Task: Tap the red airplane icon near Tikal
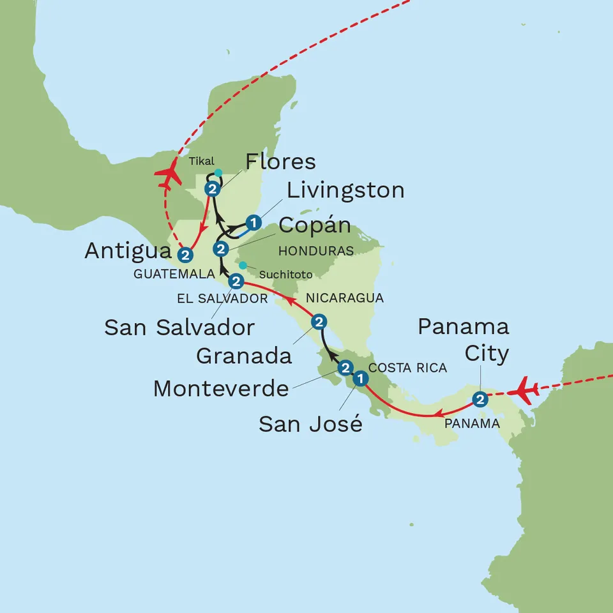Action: [168, 174]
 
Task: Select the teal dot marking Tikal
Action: [218, 172]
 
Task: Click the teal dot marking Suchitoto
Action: [242, 266]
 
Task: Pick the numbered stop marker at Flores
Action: [212, 189]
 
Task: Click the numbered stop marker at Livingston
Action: [254, 223]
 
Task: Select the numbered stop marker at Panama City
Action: [480, 400]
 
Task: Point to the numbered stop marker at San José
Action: [360, 379]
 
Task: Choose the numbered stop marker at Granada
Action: [319, 322]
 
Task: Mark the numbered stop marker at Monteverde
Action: [345, 368]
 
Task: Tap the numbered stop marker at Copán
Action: [221, 248]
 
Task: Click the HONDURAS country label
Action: [315, 252]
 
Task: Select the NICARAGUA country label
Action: [345, 298]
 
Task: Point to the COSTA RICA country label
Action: [407, 368]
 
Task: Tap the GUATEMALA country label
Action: [173, 273]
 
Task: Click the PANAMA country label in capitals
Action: [473, 423]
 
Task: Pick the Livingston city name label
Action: [345, 190]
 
